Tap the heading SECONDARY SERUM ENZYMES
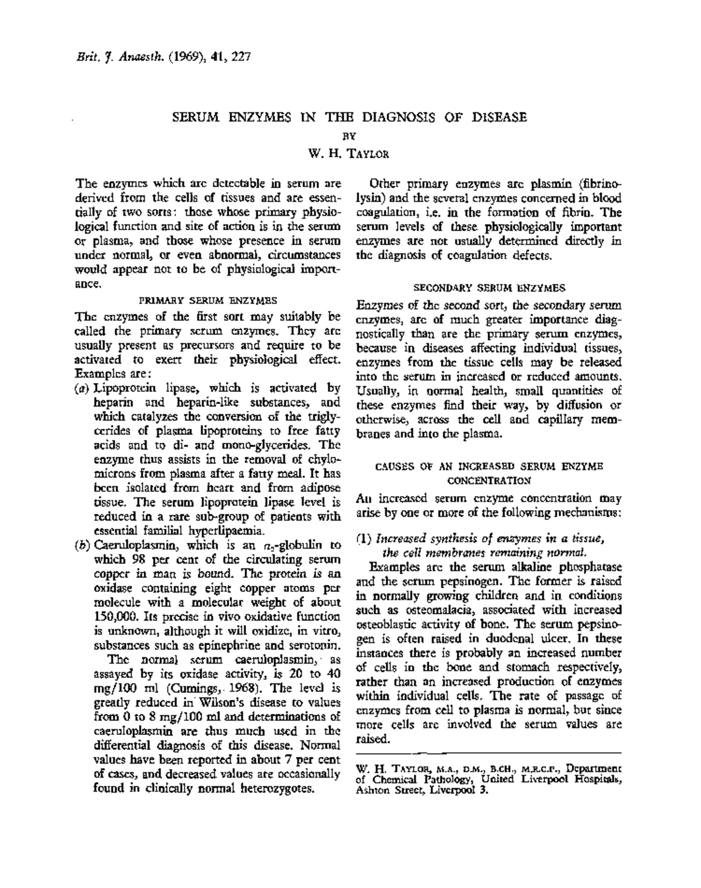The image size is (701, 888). pyautogui.click(x=490, y=288)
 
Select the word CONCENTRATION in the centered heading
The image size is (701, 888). pyautogui.click(x=489, y=480)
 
